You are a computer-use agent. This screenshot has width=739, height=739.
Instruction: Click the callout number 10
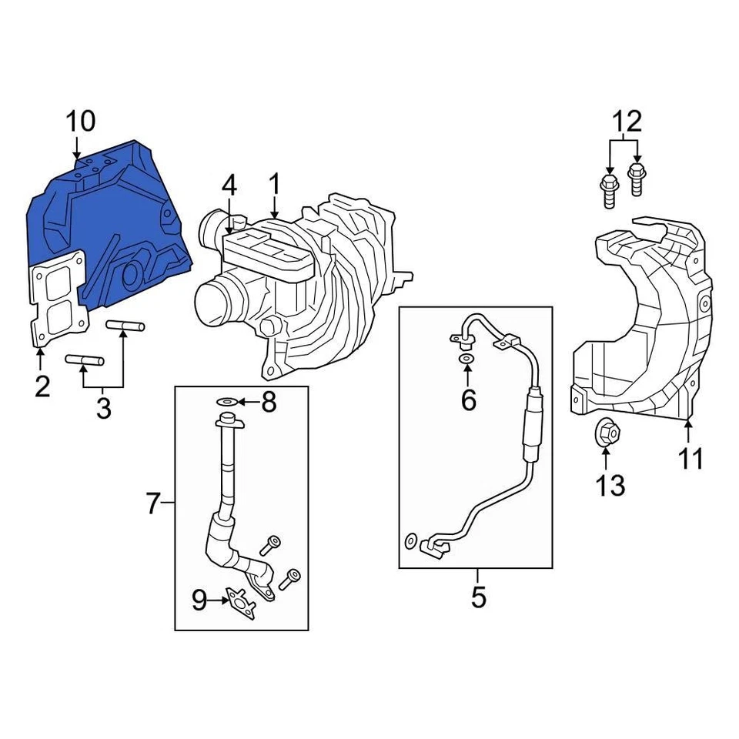pos(80,122)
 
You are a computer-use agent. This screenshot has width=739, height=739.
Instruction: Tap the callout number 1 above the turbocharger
pos(274,185)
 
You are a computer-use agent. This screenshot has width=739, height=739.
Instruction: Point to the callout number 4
pos(229,186)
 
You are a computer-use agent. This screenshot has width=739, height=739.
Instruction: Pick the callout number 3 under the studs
pos(103,408)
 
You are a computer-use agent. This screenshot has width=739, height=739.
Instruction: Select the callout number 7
pos(152,505)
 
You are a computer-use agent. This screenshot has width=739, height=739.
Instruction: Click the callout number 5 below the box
pos(478,597)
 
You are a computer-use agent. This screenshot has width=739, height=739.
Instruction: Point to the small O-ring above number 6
pos(467,359)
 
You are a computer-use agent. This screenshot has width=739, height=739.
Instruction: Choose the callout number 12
pos(626,122)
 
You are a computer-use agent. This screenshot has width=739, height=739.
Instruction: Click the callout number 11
pos(691,459)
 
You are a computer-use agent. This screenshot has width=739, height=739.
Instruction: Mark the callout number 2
pos(42,386)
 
